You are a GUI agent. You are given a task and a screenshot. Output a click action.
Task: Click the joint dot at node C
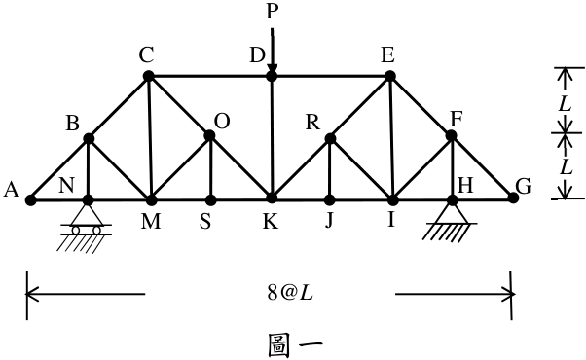pos(148,76)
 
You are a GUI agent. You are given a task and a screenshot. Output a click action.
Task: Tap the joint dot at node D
pos(272,76)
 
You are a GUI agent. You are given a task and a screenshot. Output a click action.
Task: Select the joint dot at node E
pos(389,76)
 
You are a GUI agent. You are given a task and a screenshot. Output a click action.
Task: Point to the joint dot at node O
pos(209,135)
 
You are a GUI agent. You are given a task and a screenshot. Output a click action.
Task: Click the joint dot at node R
pos(330,138)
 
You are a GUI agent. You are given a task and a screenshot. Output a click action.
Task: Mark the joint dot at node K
pos(272,198)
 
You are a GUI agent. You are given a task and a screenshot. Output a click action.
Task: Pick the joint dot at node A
pos(30,200)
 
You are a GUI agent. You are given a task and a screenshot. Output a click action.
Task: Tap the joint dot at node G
pos(514,198)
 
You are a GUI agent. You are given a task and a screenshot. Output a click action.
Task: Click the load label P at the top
pos(273,12)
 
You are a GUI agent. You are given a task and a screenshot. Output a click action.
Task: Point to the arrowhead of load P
pos(273,68)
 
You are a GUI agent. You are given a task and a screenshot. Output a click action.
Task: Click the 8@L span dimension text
pos(290,294)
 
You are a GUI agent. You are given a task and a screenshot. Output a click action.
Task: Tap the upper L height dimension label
pos(565,104)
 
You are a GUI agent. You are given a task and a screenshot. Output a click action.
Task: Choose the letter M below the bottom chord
pos(151,222)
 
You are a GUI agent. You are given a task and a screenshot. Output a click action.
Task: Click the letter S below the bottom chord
pos(205,222)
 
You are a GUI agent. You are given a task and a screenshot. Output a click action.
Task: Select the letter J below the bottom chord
pos(328,221)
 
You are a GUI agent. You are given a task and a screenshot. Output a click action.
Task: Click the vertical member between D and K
pos(272,137)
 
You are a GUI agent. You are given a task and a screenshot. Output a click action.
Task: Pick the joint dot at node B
pos(89,138)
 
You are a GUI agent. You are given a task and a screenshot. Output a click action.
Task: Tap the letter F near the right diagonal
pos(457,120)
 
